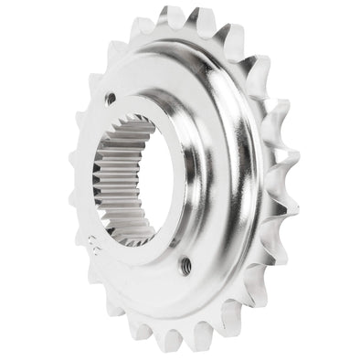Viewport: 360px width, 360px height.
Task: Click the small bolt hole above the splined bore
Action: [110, 97]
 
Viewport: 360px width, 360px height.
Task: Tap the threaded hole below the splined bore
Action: [186, 265]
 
